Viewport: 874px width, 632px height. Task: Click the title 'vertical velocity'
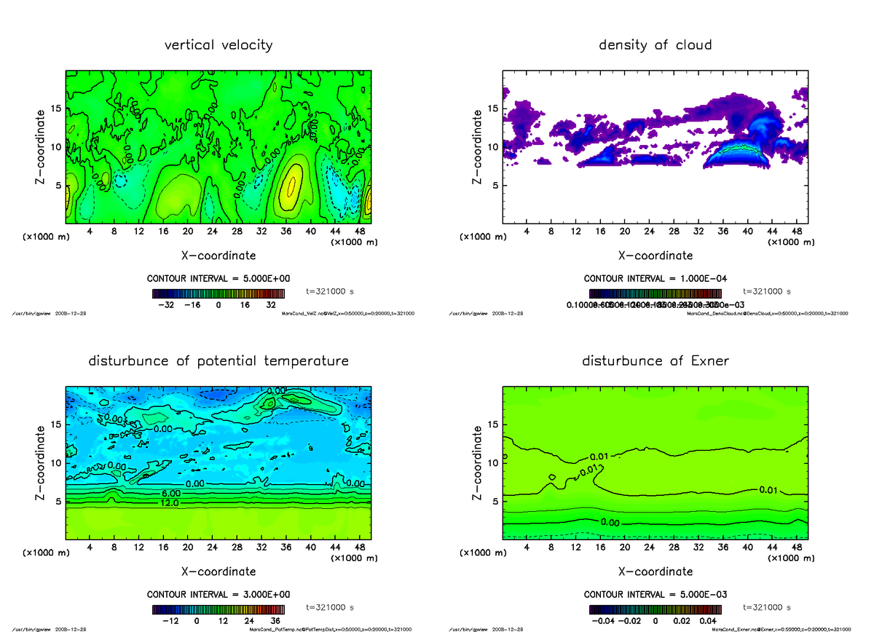click(218, 45)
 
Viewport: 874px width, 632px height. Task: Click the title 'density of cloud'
click(655, 45)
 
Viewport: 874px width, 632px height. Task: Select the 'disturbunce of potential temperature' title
click(218, 361)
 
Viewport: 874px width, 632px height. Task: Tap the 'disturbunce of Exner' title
click(655, 361)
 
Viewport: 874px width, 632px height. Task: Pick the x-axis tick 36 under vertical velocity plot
click(286, 232)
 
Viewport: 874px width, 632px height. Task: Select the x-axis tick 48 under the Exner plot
click(796, 548)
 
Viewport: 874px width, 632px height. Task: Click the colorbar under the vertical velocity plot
click(218, 293)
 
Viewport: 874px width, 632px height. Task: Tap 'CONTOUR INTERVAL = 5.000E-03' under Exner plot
click(655, 595)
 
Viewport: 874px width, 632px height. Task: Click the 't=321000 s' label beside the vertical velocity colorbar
click(330, 291)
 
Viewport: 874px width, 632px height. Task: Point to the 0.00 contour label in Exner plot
click(611, 522)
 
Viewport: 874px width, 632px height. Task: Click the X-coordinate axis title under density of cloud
click(655, 256)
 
